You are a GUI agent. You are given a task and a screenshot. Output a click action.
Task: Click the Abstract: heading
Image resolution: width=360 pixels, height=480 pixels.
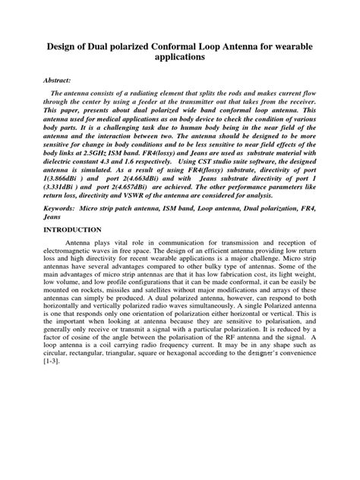[57, 79]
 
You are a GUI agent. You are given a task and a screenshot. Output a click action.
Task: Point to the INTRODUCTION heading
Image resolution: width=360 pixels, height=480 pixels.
[72, 229]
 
